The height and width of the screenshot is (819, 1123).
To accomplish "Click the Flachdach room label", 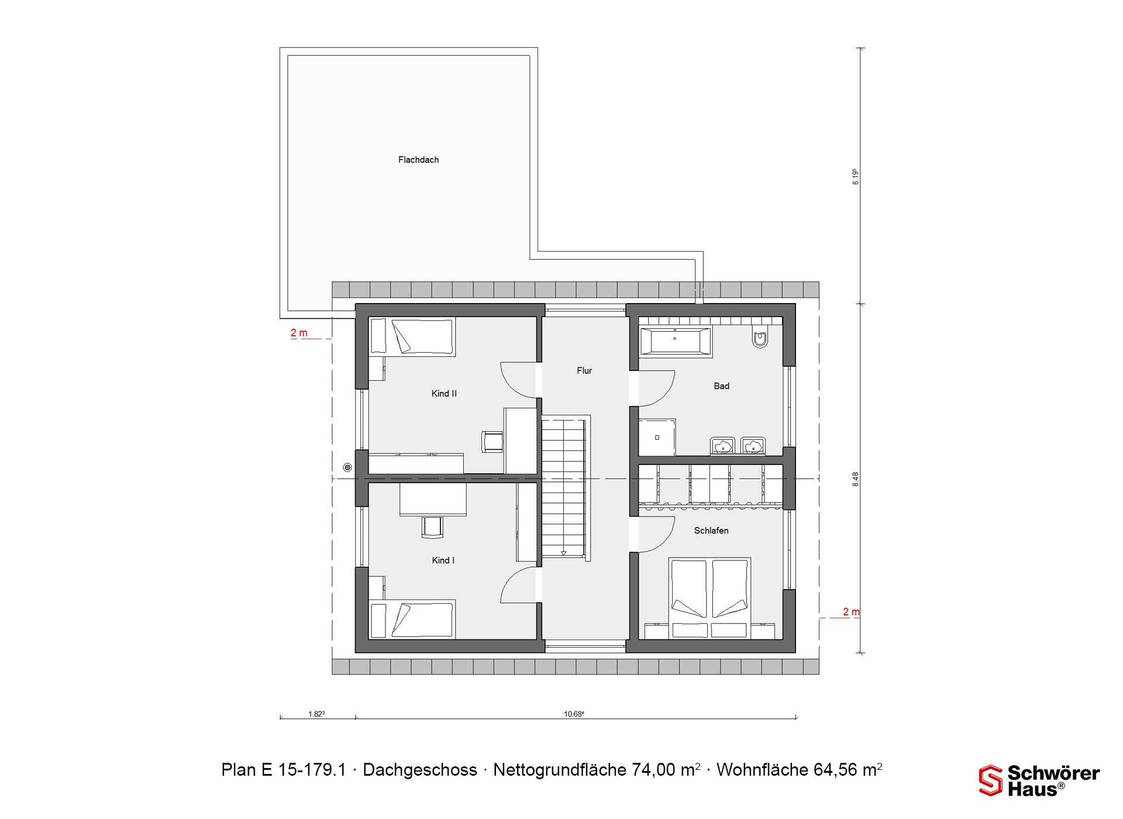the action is tap(418, 160).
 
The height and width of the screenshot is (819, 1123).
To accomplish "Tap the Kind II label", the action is tap(444, 394).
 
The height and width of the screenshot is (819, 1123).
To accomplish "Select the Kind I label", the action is tap(443, 560).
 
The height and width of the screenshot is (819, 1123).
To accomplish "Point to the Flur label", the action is tap(584, 370).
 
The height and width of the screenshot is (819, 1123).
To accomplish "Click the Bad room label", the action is tap(721, 386).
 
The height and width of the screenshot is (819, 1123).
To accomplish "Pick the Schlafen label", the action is tap(711, 531).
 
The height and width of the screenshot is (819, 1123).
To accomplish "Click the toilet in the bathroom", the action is tap(760, 338).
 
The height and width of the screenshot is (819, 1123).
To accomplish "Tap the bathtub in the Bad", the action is tap(676, 341).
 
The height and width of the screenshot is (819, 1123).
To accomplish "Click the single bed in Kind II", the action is tap(412, 337).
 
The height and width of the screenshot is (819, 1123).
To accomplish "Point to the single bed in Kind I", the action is tap(412, 619).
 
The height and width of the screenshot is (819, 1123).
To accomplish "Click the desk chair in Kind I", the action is tap(432, 526).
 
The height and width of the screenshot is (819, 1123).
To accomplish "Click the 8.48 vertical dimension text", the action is tap(855, 479).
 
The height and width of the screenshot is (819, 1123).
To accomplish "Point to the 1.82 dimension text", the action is tap(316, 714).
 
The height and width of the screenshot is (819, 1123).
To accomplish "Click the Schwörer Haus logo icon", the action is tap(991, 780).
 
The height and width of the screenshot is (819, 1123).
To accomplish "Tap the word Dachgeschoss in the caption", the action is tap(420, 770).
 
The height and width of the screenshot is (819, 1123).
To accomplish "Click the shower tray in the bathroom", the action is tap(657, 437).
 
